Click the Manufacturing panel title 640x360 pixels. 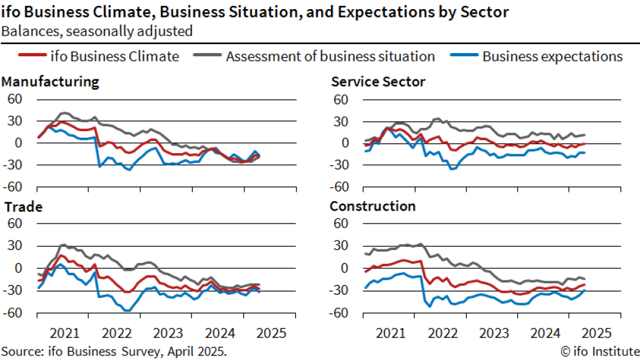(50, 82)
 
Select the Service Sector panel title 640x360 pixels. (378, 82)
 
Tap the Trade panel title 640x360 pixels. (23, 207)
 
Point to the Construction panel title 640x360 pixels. (372, 207)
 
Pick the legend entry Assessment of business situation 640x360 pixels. (330, 56)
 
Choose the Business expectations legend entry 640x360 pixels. (552, 56)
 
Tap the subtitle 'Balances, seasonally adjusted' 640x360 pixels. (96, 30)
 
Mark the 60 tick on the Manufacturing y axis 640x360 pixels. (15, 100)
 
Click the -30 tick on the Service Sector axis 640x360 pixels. (339, 165)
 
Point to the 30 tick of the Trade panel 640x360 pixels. (15, 246)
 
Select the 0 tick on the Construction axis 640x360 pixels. (345, 268)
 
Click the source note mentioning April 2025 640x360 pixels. (114, 352)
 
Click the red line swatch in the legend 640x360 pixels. (30, 56)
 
